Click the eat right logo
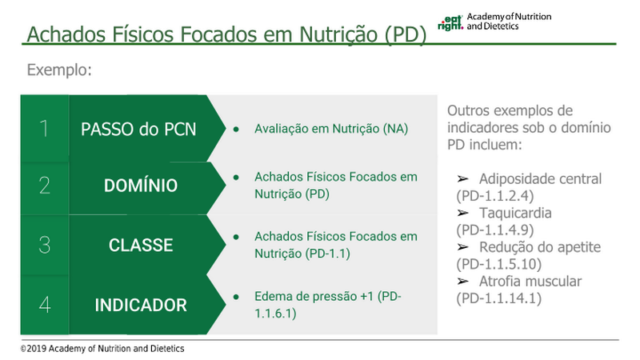pos(450,23)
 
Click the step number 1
pos(44,129)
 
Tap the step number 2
pos(45,186)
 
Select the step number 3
pos(45,245)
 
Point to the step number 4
pos(45,305)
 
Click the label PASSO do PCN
pos(138,130)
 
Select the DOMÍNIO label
pos(141,186)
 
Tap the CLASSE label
pos(141,246)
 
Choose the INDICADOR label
pos(141,305)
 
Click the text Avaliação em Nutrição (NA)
pos(331,129)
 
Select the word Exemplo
pos(59,70)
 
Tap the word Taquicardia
pos(515,213)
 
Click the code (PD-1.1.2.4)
pos(494,196)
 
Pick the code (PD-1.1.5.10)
pos(498,264)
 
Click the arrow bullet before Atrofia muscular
pos(462,282)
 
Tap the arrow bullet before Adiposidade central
pos(462,178)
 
